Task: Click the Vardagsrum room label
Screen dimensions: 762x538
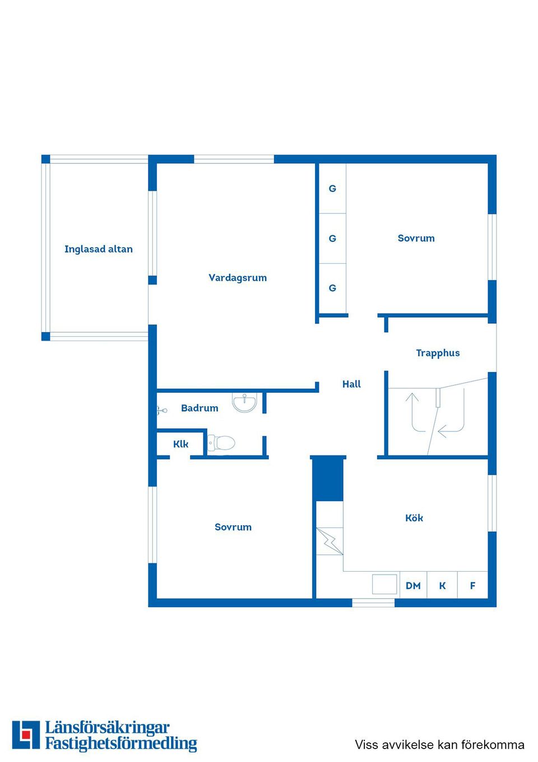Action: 238,278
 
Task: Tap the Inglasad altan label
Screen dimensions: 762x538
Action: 99,249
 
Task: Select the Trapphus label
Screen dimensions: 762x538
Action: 438,353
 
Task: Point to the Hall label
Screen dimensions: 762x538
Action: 351,384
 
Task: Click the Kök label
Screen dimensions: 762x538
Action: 414,518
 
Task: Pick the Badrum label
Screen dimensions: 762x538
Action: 200,408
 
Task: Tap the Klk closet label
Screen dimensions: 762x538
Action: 180,444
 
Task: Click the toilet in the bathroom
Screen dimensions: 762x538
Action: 221,443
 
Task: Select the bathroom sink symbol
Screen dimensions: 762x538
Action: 244,402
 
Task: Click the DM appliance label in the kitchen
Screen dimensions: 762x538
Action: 413,586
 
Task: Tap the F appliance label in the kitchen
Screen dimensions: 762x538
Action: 472,586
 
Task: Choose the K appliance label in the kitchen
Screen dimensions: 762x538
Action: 442,586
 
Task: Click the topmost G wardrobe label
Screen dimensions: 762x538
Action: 332,189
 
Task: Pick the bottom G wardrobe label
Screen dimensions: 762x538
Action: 332,288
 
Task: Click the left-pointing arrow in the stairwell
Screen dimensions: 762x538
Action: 448,432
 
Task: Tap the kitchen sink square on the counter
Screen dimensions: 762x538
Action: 384,584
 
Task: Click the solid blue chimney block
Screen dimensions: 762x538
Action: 328,479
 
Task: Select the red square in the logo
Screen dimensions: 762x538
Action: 26,735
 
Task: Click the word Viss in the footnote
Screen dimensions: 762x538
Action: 366,745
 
